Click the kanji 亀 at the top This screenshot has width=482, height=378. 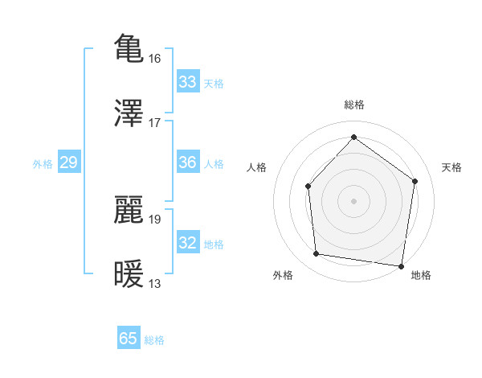[x=129, y=47]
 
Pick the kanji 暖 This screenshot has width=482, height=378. [x=129, y=273]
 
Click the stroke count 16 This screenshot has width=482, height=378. [x=155, y=58]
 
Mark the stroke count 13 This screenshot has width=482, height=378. [x=155, y=284]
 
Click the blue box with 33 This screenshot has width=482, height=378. [x=188, y=82]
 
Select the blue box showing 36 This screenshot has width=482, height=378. [x=188, y=162]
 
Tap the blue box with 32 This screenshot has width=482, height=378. [x=188, y=243]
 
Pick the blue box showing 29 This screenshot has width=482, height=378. [x=68, y=162]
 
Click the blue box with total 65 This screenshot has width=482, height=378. [x=129, y=339]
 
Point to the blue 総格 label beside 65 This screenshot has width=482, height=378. [x=154, y=340]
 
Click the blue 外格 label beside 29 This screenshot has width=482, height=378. [x=43, y=164]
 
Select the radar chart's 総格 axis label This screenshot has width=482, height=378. [x=353, y=105]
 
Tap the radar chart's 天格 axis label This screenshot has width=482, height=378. [x=452, y=167]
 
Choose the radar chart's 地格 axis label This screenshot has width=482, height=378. [x=421, y=275]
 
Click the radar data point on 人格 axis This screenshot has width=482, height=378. [x=308, y=186]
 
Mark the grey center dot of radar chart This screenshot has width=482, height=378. [x=353, y=200]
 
